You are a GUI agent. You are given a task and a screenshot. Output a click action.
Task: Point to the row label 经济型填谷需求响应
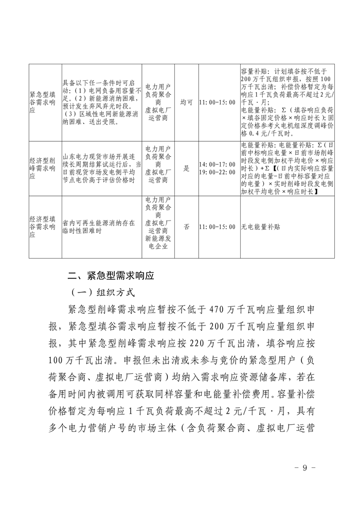pos(42,227)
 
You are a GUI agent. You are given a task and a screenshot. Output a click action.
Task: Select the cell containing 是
pos(186,168)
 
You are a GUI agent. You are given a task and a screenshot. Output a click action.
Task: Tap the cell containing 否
pos(186,227)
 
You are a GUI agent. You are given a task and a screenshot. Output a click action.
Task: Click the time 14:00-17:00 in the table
pos(218,164)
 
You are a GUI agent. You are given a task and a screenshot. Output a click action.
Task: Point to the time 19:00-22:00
pos(218,172)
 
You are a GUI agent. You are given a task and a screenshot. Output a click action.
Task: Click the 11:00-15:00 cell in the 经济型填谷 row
pos(218,227)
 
